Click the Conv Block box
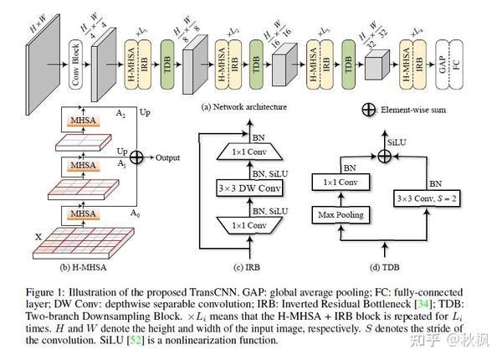(76, 50)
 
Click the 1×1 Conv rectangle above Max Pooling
(339, 179)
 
